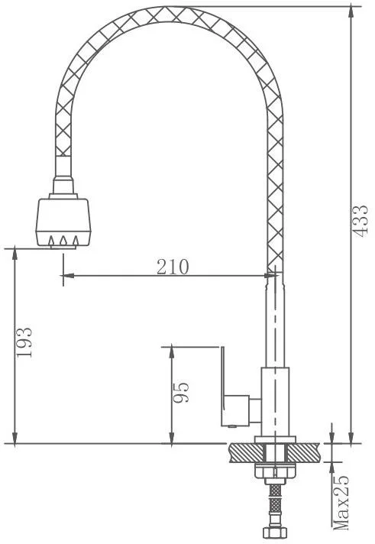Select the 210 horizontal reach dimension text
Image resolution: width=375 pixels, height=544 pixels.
click(x=173, y=267)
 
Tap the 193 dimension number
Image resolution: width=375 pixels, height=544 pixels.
click(x=25, y=343)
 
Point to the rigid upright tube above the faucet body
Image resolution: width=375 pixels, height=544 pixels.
click(x=274, y=321)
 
